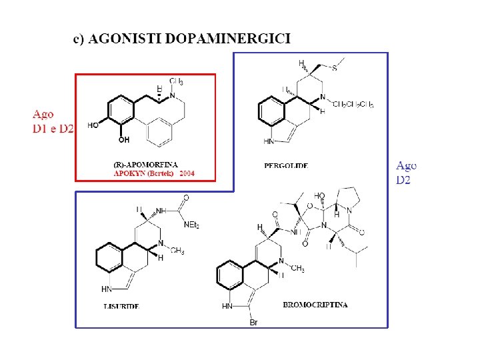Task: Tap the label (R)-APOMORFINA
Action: [144, 165]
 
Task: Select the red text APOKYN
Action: [129, 173]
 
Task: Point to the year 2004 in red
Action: [188, 173]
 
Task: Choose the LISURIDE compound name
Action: [121, 305]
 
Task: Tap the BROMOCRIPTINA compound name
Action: [315, 305]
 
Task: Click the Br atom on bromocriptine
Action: [253, 323]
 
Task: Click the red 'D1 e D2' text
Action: [53, 128]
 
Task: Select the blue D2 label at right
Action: [404, 180]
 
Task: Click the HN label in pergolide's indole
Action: [269, 141]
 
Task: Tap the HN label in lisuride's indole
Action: [106, 289]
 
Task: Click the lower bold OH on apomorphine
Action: [123, 140]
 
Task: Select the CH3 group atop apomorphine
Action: [177, 81]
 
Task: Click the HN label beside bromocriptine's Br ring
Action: [227, 307]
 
